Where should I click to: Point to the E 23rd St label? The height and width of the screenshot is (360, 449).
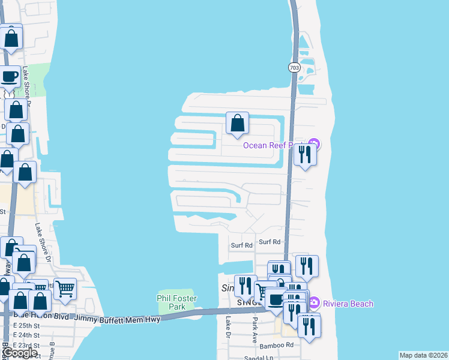[x=26, y=346]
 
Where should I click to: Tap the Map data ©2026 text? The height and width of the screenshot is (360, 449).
[x=423, y=355]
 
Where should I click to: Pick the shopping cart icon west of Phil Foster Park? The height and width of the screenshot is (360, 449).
[x=65, y=288]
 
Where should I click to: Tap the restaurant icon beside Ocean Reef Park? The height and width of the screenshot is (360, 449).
[x=305, y=155]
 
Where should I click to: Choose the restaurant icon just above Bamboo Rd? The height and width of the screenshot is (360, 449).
[x=309, y=326]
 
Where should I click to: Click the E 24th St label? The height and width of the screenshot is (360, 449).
[x=26, y=335]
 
